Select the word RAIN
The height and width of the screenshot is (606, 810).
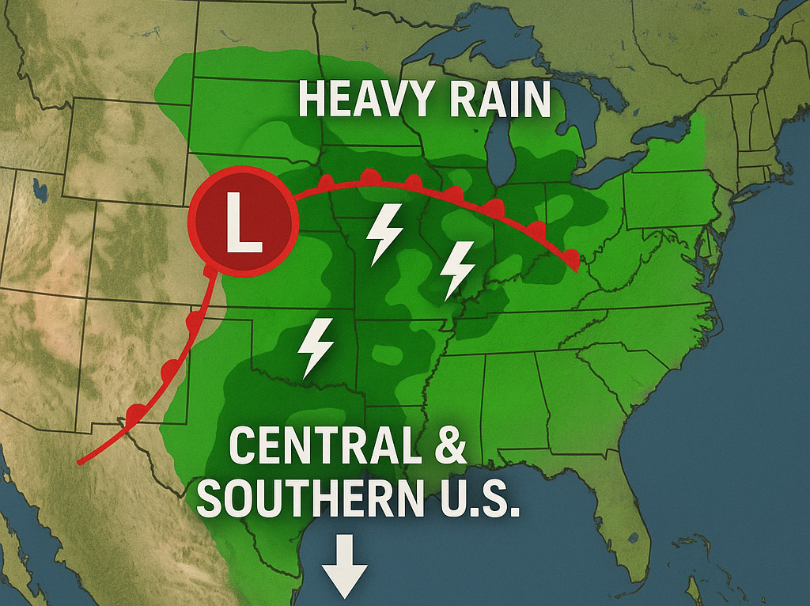click(x=495, y=100)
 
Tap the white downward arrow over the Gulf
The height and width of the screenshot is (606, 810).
click(x=346, y=566)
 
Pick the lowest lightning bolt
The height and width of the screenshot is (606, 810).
click(x=316, y=347)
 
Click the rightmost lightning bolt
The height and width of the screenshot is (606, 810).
click(x=457, y=269)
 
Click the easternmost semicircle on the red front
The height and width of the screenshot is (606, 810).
click(x=572, y=256)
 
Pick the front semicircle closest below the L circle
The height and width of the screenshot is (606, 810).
click(x=209, y=271)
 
